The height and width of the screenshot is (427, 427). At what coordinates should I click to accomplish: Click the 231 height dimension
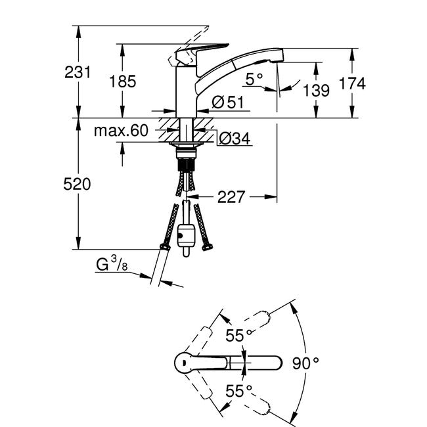pos(78,72)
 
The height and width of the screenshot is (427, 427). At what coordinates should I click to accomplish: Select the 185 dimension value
pos(123,81)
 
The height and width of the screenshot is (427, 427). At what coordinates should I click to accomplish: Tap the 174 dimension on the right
pos(352,83)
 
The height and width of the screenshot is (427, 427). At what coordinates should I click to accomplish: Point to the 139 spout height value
pos(316,90)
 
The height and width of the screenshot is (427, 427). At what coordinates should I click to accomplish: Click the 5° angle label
pos(254,79)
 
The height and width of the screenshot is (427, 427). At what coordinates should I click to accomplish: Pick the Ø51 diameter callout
pos(228,102)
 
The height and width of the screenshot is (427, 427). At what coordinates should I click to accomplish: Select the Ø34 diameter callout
pos(235,139)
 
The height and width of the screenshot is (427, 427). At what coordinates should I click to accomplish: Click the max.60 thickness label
pos(121,131)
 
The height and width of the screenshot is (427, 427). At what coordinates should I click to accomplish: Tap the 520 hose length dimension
pos(77,184)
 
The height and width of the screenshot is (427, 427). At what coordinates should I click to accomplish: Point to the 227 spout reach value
pos(231,197)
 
